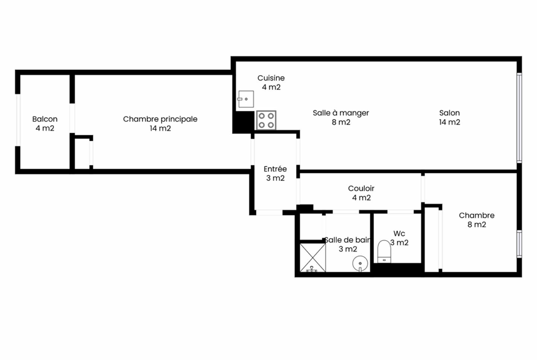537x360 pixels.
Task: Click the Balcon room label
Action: pos(45,119)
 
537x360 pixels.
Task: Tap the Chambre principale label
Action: pos(160,119)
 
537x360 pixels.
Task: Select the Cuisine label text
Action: pos(271,78)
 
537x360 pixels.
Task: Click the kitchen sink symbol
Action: pos(246,99)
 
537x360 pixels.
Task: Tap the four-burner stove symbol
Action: pos(266,120)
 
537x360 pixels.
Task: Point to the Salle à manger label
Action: pos(341,113)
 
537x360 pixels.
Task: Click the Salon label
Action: pos(449,113)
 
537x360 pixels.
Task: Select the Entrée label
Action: pos(275,169)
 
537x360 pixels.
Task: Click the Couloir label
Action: pos(361,188)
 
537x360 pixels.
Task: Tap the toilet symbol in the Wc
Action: pos(384,251)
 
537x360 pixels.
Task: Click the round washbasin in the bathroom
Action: pos(360,264)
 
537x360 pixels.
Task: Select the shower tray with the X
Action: pos(313,258)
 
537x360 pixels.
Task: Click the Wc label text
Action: pos(399,233)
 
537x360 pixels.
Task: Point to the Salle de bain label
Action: pos(347,240)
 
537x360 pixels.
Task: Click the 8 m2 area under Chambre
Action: pos(477,225)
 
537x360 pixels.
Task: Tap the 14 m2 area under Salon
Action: pos(450,122)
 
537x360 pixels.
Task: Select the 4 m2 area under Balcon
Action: pos(45,128)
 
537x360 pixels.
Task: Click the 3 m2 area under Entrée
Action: pos(275,178)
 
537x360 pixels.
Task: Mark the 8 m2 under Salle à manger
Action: pos(341,122)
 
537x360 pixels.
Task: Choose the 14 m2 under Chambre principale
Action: pos(160,128)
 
